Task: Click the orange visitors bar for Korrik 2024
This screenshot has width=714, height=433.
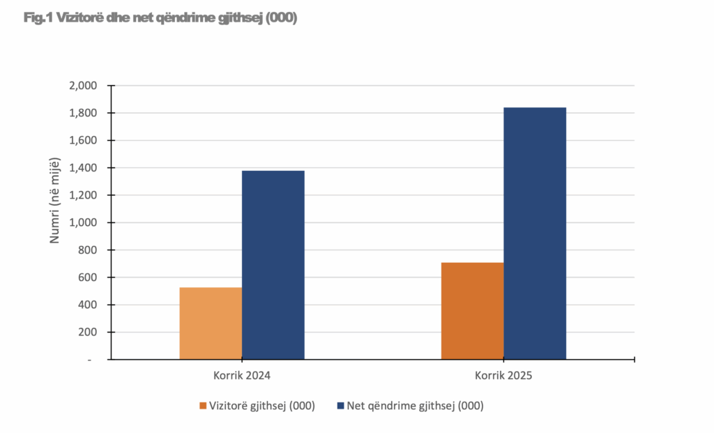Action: (211, 324)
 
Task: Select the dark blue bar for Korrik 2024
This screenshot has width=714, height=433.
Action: (273, 265)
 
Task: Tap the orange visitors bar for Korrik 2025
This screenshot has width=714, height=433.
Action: (472, 311)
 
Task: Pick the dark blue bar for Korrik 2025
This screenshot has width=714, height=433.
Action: (535, 234)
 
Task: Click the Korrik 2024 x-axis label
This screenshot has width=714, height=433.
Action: (241, 375)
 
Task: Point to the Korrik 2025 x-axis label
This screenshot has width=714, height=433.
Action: (503, 375)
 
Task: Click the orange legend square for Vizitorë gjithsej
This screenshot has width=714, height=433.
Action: (203, 405)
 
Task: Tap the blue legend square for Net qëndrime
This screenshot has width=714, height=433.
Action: (340, 405)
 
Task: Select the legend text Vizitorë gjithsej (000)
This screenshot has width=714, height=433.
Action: (262, 405)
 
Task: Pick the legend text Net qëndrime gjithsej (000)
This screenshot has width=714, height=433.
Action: (415, 405)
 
